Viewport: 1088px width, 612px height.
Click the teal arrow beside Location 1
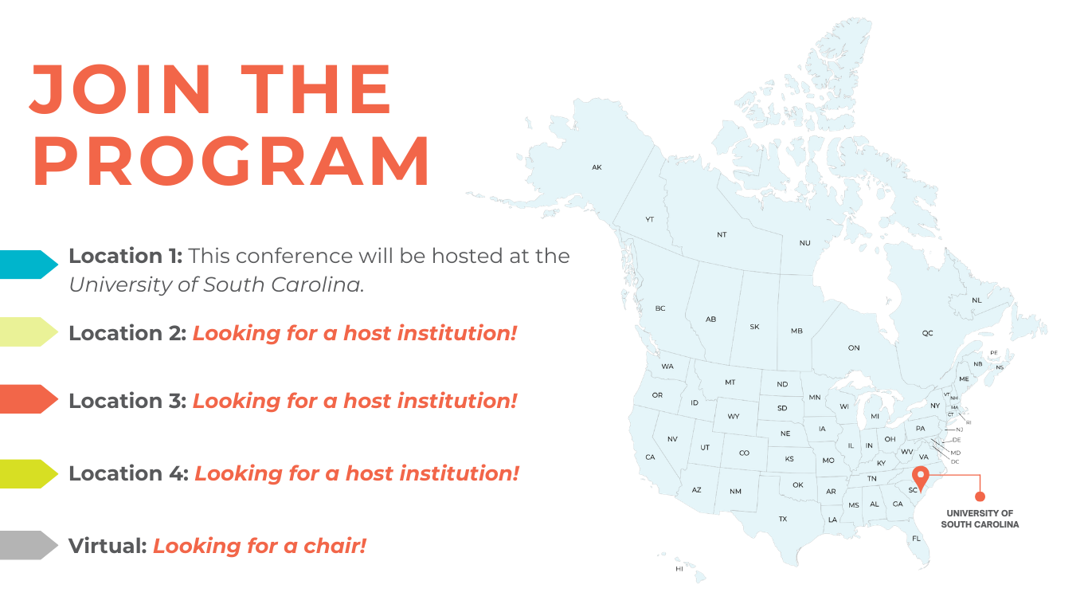click(28, 265)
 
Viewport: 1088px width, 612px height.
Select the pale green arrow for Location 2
click(28, 332)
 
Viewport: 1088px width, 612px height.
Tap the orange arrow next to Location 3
click(28, 399)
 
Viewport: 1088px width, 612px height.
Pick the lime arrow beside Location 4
click(28, 474)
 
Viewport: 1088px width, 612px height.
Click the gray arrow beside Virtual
click(28, 545)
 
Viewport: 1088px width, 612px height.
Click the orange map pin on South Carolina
click(921, 478)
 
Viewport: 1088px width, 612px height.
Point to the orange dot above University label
click(980, 496)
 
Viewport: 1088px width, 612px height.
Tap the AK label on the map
click(597, 167)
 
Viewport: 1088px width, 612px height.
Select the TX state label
click(783, 519)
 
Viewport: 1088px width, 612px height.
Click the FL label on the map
click(916, 539)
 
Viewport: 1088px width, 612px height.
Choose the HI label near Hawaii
click(679, 569)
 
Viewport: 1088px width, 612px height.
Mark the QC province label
click(928, 333)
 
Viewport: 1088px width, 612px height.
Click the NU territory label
click(804, 243)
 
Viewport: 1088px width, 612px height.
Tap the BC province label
click(660, 308)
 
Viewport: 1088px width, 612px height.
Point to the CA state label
click(651, 457)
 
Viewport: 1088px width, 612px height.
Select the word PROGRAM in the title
click(231, 162)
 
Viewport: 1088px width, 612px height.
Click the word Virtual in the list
click(108, 546)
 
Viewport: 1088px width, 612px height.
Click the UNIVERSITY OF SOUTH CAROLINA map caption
click(980, 519)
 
